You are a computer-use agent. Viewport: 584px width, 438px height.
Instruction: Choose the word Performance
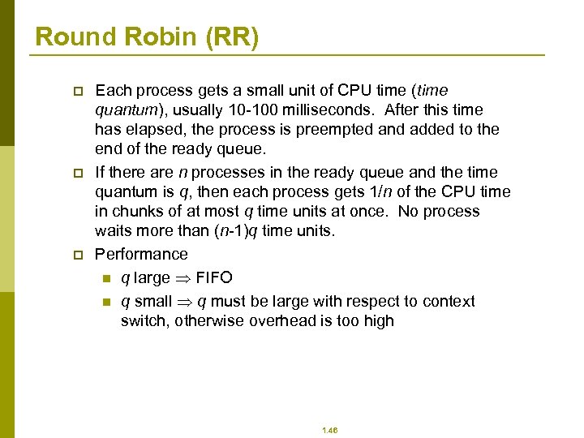141,254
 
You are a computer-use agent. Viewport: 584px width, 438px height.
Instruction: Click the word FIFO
214,278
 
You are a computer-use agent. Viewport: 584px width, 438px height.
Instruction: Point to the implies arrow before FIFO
183,278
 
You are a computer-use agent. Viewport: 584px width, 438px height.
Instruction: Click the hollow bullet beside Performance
78,255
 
